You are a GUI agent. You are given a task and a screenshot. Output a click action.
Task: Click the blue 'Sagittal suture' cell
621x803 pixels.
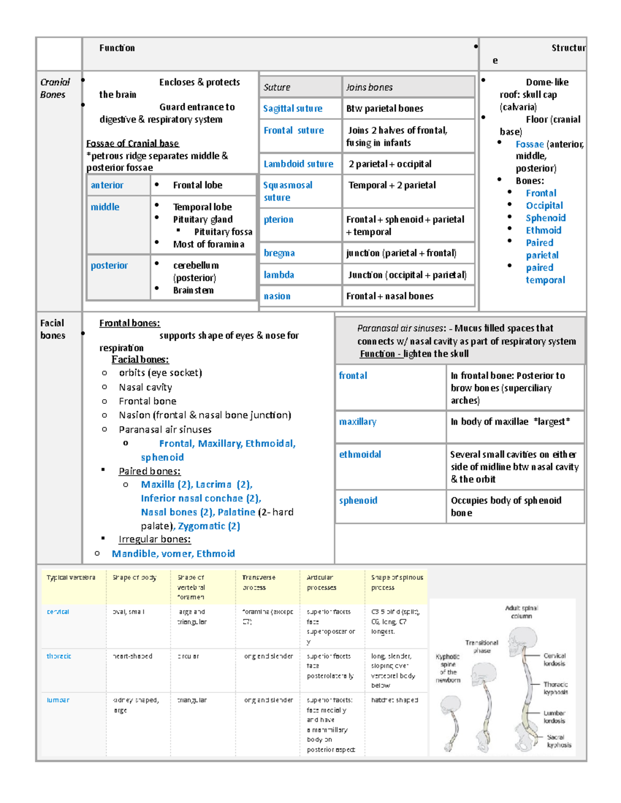(x=292, y=109)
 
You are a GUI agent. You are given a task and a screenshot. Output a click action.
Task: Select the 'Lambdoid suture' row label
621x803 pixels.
(x=298, y=164)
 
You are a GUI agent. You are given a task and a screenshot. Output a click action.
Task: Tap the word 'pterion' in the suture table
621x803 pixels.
(x=278, y=220)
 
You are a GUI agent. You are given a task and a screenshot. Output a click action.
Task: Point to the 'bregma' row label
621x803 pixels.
(x=279, y=253)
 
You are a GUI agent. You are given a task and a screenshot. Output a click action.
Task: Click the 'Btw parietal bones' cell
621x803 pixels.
(x=385, y=109)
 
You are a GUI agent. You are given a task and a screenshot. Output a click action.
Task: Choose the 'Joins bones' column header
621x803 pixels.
(x=369, y=87)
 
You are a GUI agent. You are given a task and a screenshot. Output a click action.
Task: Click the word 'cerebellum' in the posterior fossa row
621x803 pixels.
(x=196, y=265)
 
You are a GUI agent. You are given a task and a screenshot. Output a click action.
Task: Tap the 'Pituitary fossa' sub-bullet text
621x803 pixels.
(x=223, y=232)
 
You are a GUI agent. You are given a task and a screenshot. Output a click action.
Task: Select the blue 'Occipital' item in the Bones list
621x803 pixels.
(x=544, y=205)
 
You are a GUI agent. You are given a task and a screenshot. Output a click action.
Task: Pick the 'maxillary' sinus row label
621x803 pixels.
(x=358, y=422)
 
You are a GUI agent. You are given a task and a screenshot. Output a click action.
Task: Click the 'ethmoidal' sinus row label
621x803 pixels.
(x=360, y=454)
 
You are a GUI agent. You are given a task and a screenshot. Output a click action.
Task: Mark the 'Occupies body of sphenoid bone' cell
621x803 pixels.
(x=506, y=506)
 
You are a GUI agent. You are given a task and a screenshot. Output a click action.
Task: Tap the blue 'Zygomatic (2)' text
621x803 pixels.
(x=209, y=526)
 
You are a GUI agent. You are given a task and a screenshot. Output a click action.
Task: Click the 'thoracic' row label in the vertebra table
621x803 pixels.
(x=59, y=656)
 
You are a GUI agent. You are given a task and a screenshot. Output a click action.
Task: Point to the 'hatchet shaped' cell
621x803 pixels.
(x=394, y=700)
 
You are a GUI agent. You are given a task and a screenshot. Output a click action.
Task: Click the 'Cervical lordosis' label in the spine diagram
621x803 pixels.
(x=554, y=659)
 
